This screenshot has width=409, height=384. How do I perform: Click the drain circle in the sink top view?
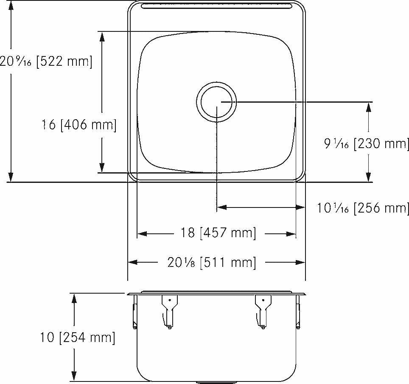(x=216, y=102)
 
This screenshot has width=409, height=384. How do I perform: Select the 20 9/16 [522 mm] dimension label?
(x=46, y=61)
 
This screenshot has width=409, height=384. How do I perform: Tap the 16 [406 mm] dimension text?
(x=78, y=125)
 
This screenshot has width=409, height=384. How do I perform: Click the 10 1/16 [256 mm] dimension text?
(x=363, y=207)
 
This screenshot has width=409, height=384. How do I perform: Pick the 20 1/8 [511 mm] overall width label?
(x=212, y=263)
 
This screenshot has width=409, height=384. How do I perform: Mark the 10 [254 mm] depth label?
(x=78, y=338)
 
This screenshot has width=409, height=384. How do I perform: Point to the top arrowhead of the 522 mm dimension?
(x=11, y=5)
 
